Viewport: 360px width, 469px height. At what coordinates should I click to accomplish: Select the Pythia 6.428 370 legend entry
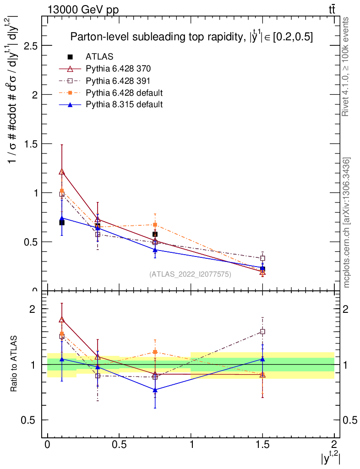118,69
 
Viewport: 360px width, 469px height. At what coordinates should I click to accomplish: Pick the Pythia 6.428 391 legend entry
118,81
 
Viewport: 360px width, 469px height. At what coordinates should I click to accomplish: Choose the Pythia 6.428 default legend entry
124,93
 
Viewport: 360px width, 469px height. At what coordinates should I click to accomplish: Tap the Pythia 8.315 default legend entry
124,104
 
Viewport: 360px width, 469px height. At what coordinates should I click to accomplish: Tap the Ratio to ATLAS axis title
15,364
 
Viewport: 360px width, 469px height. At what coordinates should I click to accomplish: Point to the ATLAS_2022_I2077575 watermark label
190,274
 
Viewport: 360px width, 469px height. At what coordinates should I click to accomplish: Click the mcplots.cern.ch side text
347,223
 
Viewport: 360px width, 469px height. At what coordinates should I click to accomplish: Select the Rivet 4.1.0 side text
347,66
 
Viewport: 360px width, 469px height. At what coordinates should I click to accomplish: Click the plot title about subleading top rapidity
191,38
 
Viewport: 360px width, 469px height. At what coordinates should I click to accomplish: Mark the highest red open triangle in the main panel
62,172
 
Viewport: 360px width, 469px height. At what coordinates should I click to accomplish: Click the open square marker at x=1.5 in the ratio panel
262,331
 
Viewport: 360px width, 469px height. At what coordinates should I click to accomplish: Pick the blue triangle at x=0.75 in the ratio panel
155,390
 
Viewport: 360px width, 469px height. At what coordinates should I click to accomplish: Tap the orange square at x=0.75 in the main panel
155,224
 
